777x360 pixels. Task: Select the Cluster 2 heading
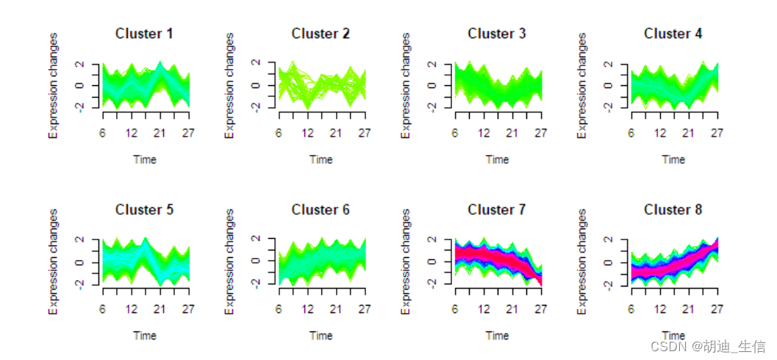[321, 34]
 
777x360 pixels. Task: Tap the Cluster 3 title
[497, 34]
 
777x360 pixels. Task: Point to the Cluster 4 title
[673, 34]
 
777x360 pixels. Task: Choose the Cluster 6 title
[321, 210]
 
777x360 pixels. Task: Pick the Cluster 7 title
[497, 210]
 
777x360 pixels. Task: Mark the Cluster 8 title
[673, 210]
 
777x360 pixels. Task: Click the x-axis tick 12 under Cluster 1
[131, 133]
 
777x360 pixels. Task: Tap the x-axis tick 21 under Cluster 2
[335, 133]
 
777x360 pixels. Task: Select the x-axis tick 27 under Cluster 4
[717, 133]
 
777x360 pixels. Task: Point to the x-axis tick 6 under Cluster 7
[455, 309]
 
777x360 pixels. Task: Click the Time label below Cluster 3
[497, 159]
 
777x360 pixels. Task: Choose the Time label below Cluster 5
[144, 336]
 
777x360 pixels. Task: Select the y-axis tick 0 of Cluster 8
[609, 262]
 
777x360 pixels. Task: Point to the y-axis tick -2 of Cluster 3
[433, 107]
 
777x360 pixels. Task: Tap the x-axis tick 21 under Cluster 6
[335, 309]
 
